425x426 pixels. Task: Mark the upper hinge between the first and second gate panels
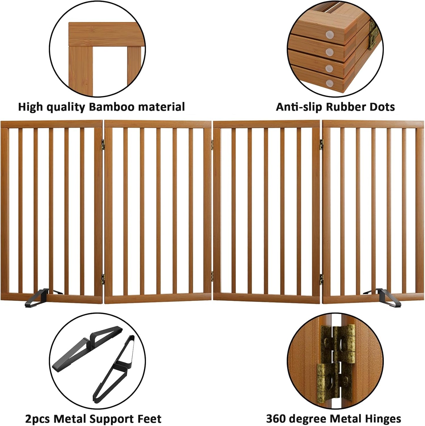(x=103, y=144)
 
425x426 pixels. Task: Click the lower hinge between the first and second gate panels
(x=103, y=277)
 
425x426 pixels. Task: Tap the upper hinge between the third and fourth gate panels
(x=321, y=143)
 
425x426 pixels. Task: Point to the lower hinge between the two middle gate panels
(x=212, y=274)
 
